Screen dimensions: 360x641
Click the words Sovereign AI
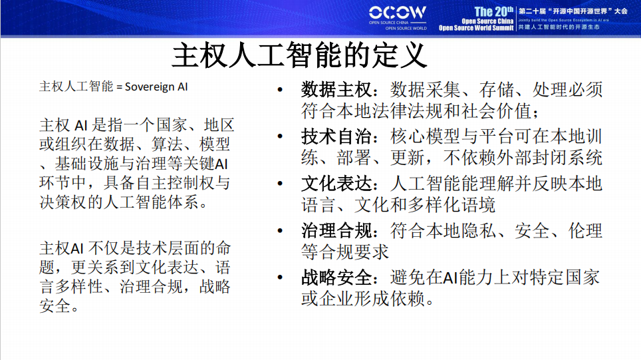pos(157,87)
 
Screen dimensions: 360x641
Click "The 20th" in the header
pos(494,11)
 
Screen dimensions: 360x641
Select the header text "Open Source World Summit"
pos(476,29)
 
